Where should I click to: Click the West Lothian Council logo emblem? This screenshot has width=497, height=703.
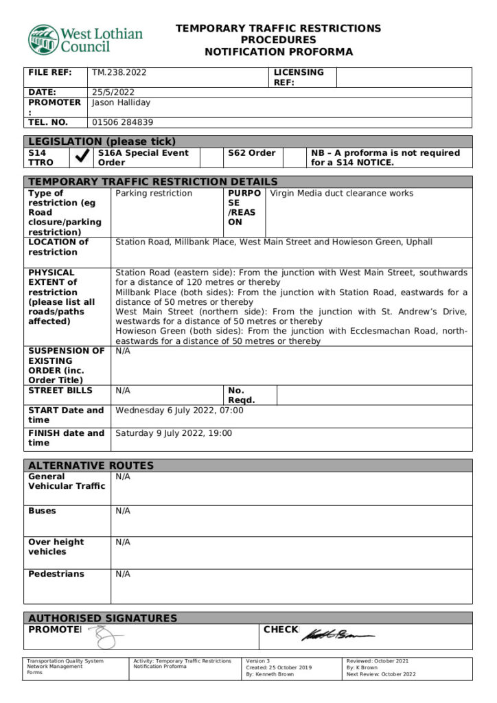(x=43, y=40)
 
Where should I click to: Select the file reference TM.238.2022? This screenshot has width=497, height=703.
(x=119, y=72)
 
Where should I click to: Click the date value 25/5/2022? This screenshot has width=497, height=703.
(x=113, y=92)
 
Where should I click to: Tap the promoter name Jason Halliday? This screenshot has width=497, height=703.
(x=121, y=102)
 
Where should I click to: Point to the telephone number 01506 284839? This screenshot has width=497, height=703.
(x=123, y=122)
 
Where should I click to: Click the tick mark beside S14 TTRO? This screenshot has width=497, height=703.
(x=82, y=157)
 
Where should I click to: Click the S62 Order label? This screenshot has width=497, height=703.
(x=251, y=152)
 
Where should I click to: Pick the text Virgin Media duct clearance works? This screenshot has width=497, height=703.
(x=342, y=193)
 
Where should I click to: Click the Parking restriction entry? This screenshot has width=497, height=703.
(x=154, y=193)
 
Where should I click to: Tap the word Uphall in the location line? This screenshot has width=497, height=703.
(x=418, y=242)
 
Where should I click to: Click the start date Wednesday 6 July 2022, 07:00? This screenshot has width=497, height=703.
(x=179, y=410)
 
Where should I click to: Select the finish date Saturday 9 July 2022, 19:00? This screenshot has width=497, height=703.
(x=174, y=433)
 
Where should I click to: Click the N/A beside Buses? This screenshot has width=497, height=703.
(x=123, y=511)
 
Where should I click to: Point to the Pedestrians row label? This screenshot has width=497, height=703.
(x=56, y=573)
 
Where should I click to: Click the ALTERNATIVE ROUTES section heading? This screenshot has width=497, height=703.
(x=91, y=465)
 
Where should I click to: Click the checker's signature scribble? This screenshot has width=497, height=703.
(x=336, y=634)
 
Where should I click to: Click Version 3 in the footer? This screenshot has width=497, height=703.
(x=258, y=661)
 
